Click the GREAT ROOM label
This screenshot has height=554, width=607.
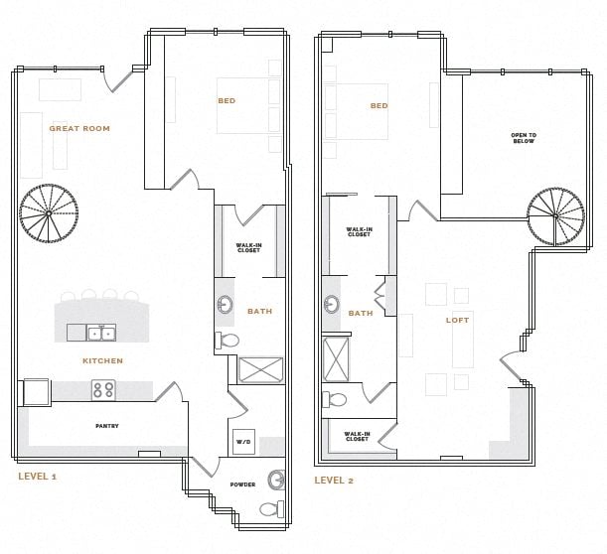pyautogui.click(x=79, y=128)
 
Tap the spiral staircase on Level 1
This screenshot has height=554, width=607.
pyautogui.click(x=48, y=213)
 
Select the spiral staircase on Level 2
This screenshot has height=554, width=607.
pyautogui.click(x=555, y=216)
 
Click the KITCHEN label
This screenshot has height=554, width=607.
pyautogui.click(x=103, y=360)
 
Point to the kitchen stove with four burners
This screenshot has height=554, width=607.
pyautogui.click(x=104, y=389)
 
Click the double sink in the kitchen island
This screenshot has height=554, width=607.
pyautogui.click(x=100, y=333)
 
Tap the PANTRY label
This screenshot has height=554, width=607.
pyautogui.click(x=107, y=426)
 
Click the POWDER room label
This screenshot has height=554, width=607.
pyautogui.click(x=242, y=485)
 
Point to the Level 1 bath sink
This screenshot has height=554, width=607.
pyautogui.click(x=226, y=305)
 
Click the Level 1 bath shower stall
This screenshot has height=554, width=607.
pyautogui.click(x=260, y=370)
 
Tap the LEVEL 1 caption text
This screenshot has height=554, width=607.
pyautogui.click(x=38, y=477)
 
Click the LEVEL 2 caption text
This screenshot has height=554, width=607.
pyautogui.click(x=334, y=480)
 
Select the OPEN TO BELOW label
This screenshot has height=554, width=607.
pyautogui.click(x=523, y=138)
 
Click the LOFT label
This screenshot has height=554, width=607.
pyautogui.click(x=457, y=320)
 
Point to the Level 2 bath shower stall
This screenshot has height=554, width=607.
pyautogui.click(x=337, y=358)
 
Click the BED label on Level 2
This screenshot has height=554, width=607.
pyautogui.click(x=379, y=105)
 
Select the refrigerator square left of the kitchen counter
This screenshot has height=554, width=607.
pyautogui.click(x=35, y=391)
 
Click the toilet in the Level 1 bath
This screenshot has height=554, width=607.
pyautogui.click(x=228, y=341)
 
